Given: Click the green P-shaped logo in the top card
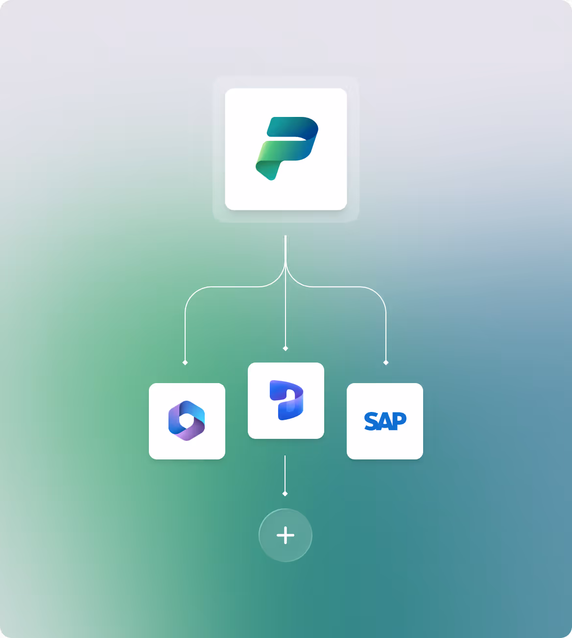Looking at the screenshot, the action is pyautogui.click(x=286, y=148).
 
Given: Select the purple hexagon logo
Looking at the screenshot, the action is pyautogui.click(x=187, y=421).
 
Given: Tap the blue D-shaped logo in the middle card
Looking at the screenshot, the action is pyautogui.click(x=286, y=400).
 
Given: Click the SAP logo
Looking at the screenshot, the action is pyautogui.click(x=385, y=421).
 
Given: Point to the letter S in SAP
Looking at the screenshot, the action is pyautogui.click(x=371, y=421).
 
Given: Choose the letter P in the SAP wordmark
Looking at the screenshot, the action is pyautogui.click(x=399, y=420).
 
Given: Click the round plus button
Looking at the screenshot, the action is pyautogui.click(x=286, y=535).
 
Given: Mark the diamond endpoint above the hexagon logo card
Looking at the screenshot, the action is pyautogui.click(x=185, y=363).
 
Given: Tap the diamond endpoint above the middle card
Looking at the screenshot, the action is pyautogui.click(x=286, y=348).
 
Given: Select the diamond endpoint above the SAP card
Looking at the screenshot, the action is pyautogui.click(x=386, y=363).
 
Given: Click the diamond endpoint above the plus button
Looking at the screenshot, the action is pyautogui.click(x=285, y=494).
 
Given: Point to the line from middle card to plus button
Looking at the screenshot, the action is pyautogui.click(x=285, y=472).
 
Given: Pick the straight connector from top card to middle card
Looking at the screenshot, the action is pyautogui.click(x=286, y=313).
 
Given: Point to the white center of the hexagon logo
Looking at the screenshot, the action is pyautogui.click(x=186, y=420).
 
